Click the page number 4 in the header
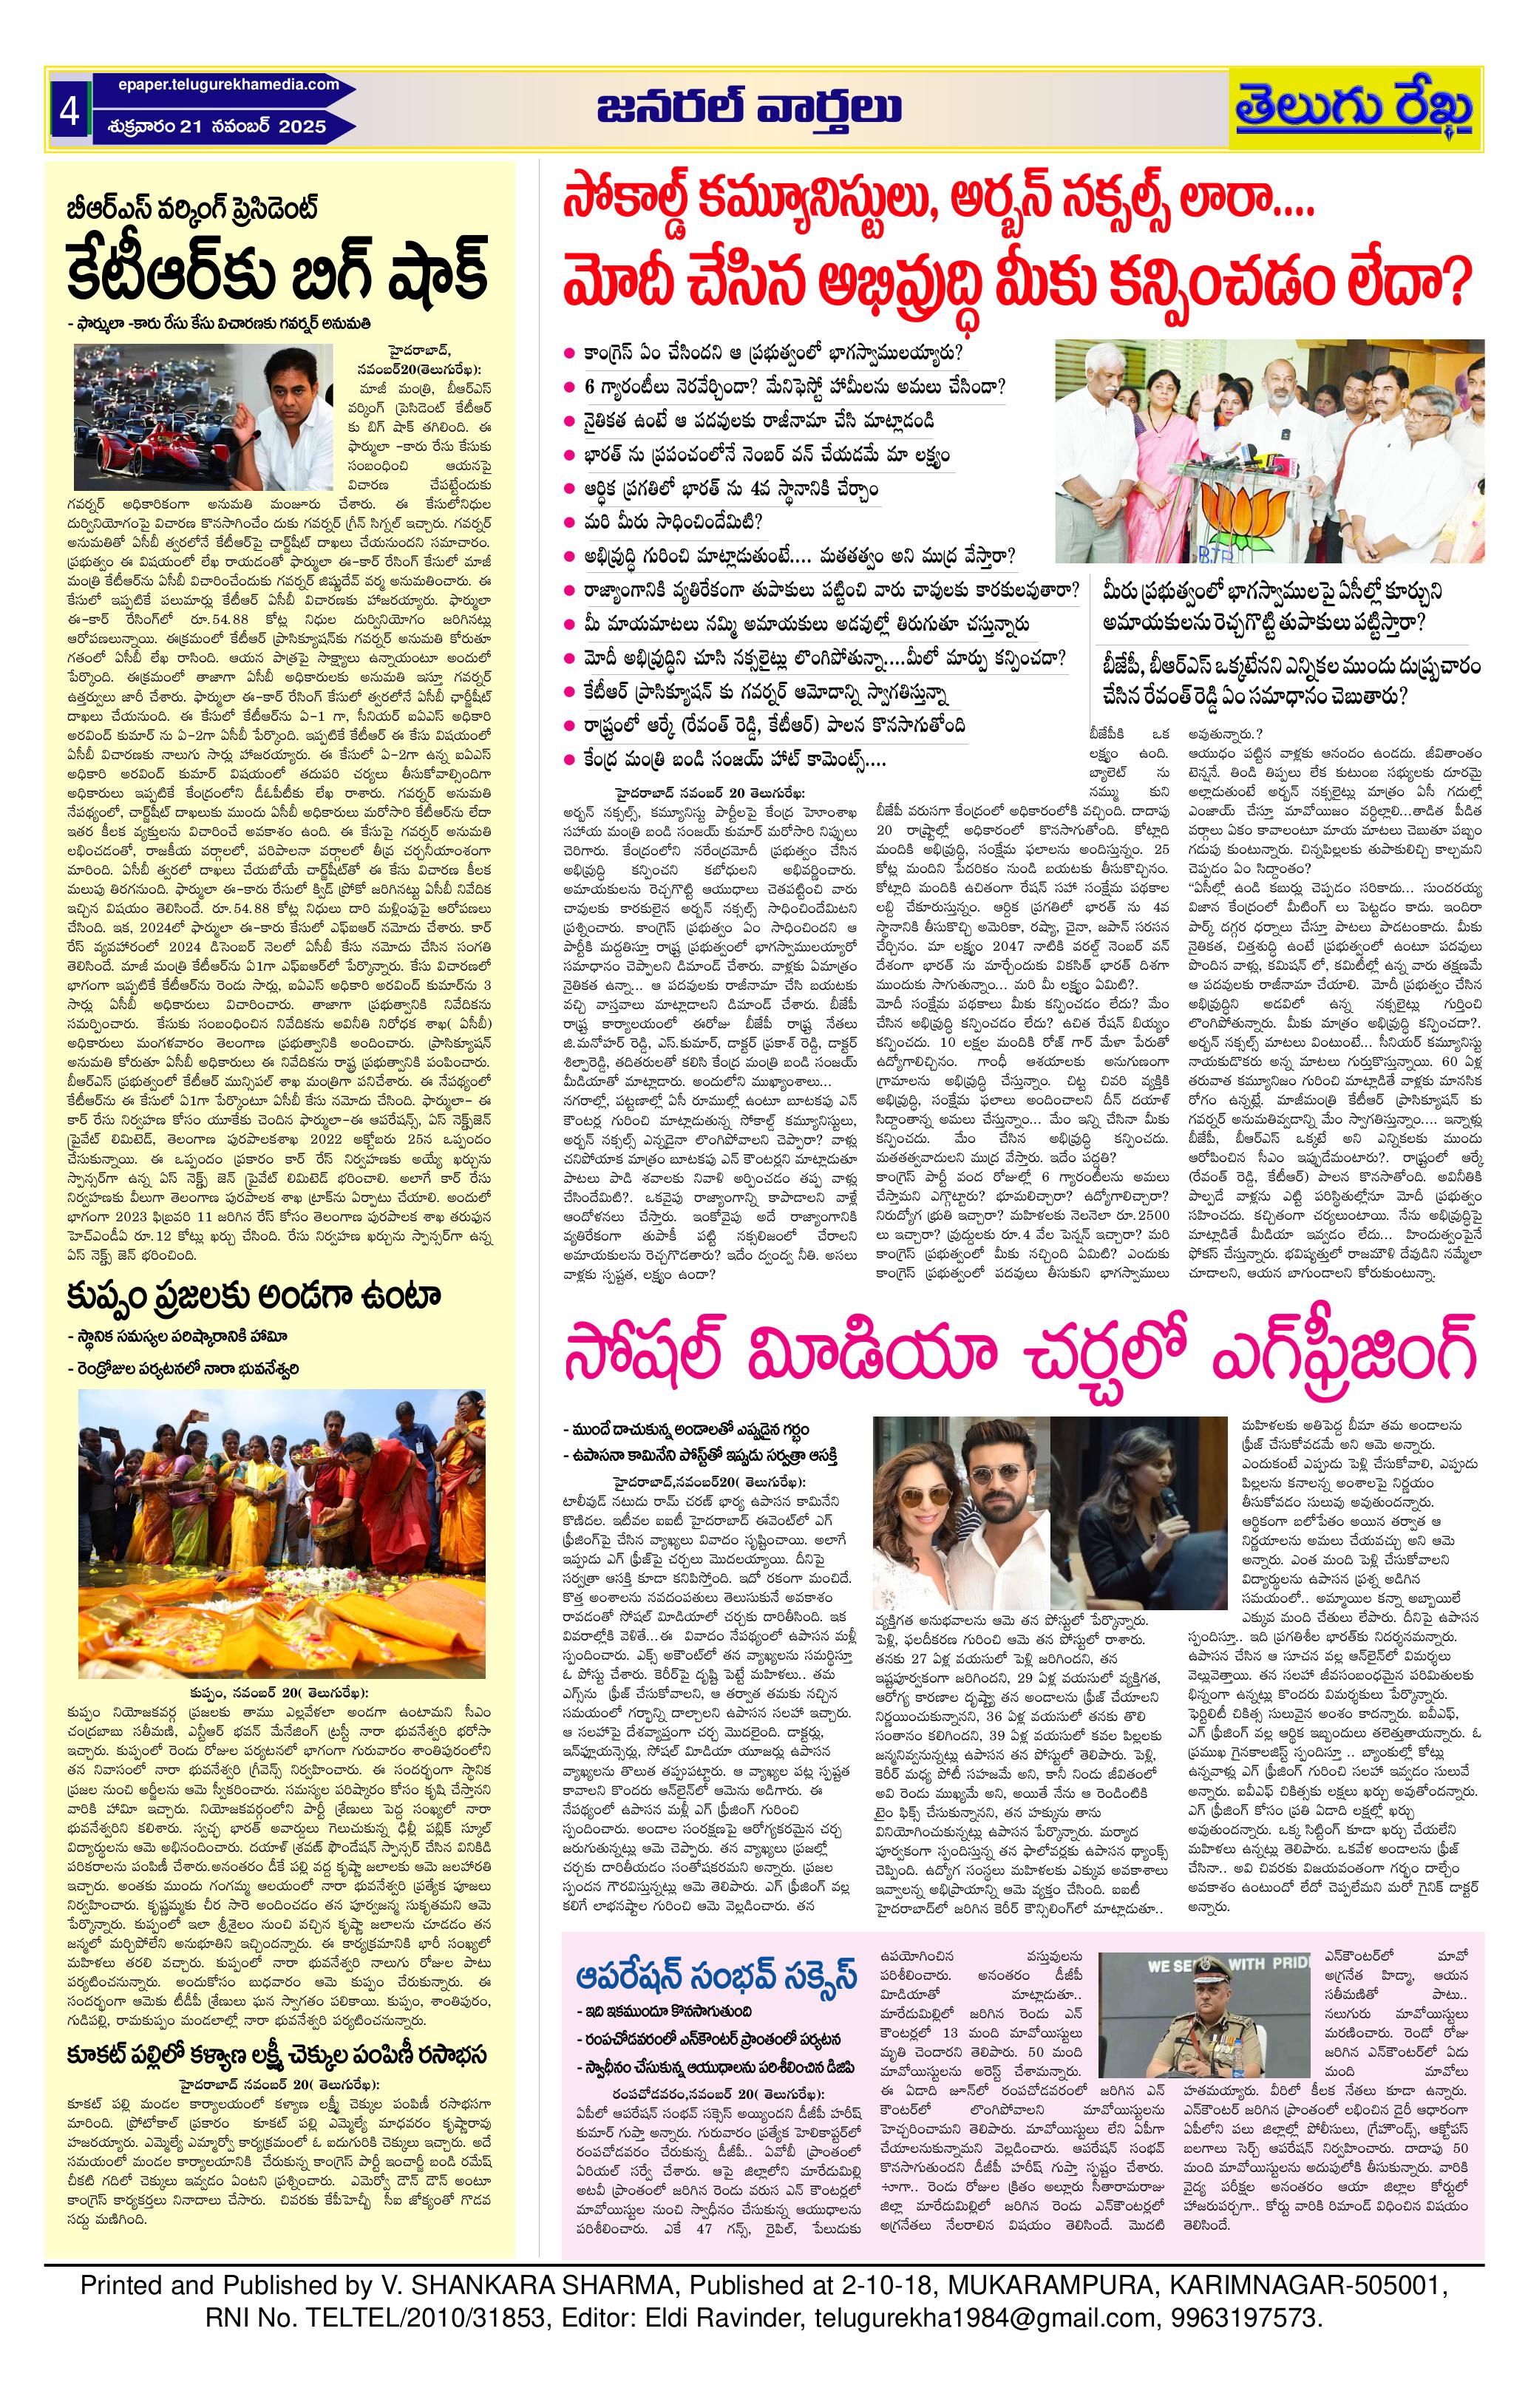pos(69,112)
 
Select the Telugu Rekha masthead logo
pos(1356,109)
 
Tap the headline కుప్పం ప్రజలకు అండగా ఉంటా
pos(254,1297)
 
